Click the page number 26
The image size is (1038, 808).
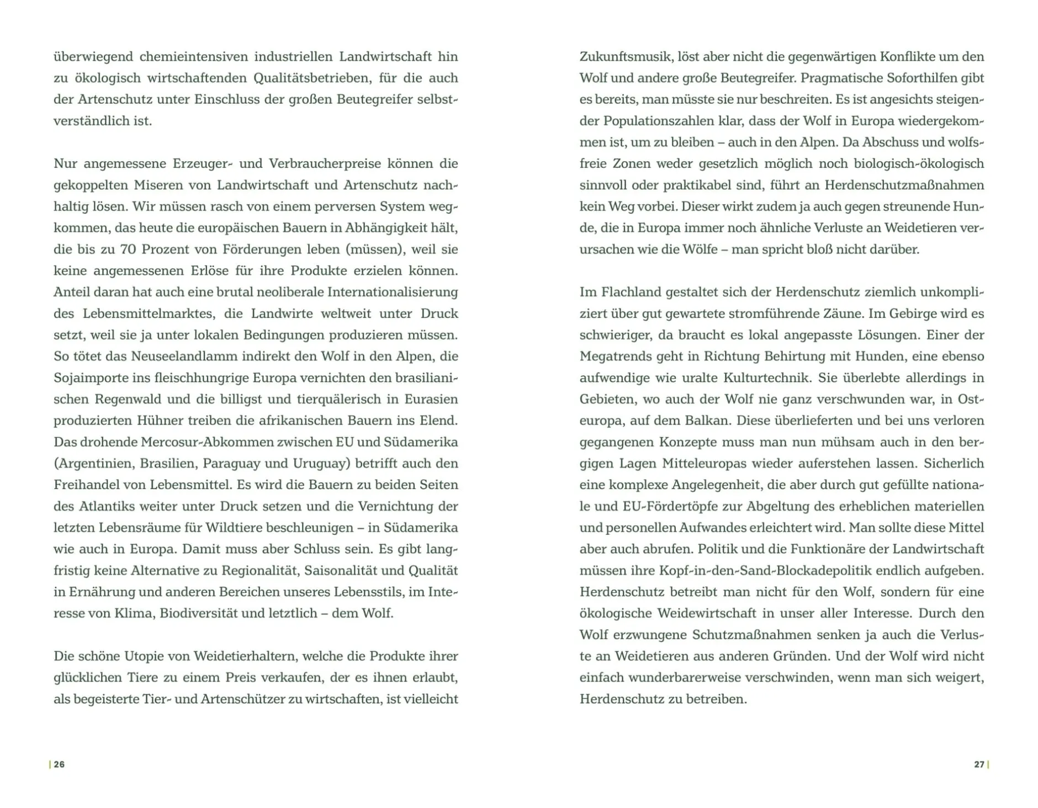pos(59,764)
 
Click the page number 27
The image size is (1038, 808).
pos(979,764)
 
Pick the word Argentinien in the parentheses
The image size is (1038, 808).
pos(93,463)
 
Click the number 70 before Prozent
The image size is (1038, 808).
pos(128,249)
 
